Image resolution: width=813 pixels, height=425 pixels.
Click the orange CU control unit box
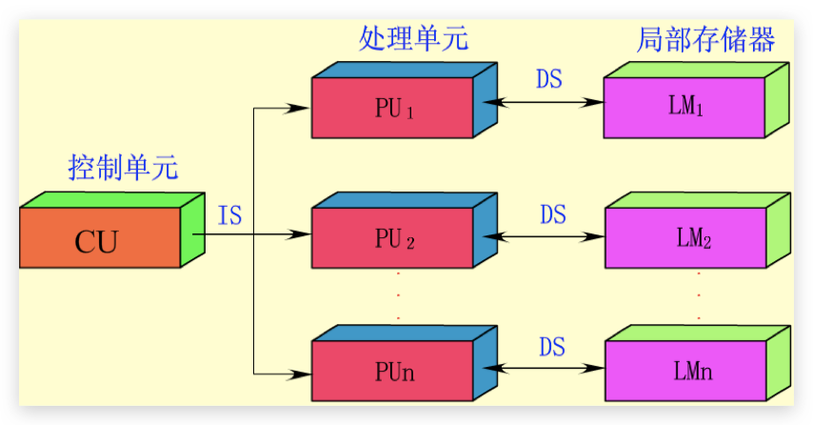[x=100, y=240]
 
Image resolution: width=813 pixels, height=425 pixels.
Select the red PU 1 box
[x=393, y=108]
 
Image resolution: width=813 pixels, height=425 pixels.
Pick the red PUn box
[x=393, y=371]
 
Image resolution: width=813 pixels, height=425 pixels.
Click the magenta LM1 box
[x=684, y=108]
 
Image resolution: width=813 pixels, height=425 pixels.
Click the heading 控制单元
[x=124, y=168]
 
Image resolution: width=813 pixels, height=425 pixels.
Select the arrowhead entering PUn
[x=303, y=373]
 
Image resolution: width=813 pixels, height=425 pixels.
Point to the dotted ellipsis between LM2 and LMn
[x=699, y=295]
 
